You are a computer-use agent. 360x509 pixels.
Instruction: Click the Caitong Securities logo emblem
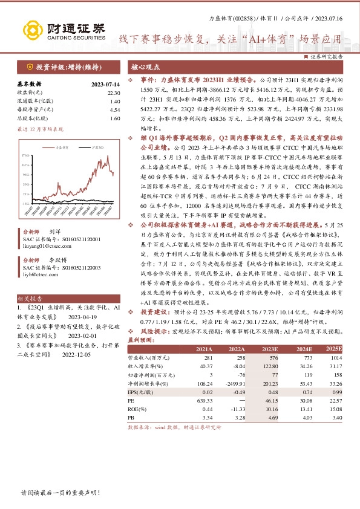coord(33,30)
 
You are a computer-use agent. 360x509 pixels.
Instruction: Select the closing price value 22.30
coord(114,92)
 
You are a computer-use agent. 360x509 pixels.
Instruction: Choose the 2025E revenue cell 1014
coord(335,358)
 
